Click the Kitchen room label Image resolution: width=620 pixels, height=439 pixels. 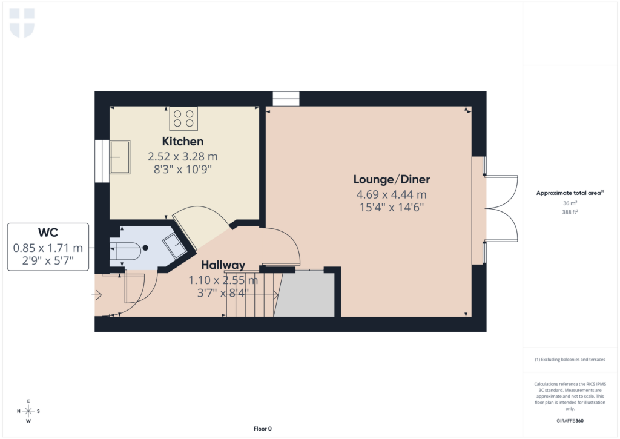pyautogui.click(x=182, y=142)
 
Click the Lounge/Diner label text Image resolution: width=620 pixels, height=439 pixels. pyautogui.click(x=392, y=180)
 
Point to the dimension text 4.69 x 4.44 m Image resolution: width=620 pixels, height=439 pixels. pyautogui.click(x=392, y=194)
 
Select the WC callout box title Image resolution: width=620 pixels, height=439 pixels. pyautogui.click(x=48, y=233)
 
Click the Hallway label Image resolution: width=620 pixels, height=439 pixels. pyautogui.click(x=223, y=265)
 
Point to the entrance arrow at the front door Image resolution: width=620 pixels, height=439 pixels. pyautogui.click(x=96, y=295)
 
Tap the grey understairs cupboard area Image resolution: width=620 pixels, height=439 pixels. pyautogui.click(x=306, y=295)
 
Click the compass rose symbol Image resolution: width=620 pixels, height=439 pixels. pyautogui.click(x=28, y=411)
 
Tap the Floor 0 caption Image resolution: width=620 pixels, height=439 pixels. pyautogui.click(x=262, y=429)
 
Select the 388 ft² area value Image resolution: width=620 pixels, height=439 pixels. pyautogui.click(x=571, y=212)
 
